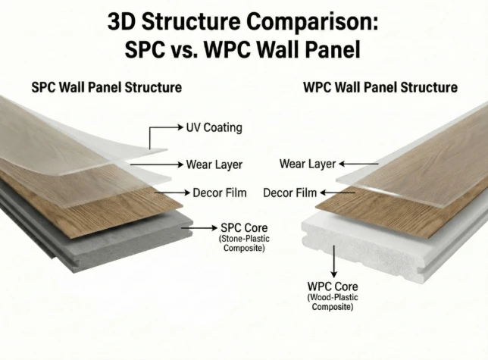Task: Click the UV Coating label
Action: (214, 127)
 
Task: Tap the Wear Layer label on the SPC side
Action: (214, 164)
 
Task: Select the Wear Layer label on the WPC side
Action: (308, 164)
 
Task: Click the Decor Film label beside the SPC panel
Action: (220, 193)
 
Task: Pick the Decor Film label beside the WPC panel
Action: (289, 193)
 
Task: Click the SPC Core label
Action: (244, 228)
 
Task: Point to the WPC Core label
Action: (333, 286)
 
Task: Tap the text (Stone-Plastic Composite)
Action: (244, 243)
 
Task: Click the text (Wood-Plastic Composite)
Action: (333, 302)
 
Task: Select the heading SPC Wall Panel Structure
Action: (106, 87)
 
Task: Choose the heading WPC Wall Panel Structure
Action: (380, 87)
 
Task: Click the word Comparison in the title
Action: (312, 23)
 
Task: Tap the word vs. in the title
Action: (184, 49)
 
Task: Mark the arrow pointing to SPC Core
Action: (199, 228)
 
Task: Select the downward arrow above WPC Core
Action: (334, 261)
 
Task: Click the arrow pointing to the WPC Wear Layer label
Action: (358, 164)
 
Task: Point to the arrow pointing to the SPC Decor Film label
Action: (172, 193)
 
